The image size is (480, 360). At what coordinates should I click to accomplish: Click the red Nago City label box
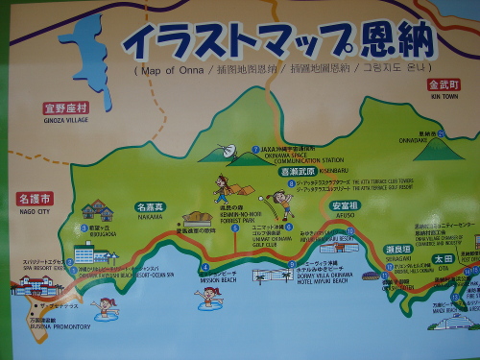point(35,199)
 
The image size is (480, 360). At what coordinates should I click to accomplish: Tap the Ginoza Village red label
point(65,108)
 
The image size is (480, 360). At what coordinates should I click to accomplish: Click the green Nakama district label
point(152,206)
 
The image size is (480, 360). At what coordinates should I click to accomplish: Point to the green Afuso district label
point(343,205)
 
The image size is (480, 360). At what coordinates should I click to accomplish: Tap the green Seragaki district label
point(397,249)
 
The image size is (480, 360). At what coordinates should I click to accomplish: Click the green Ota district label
point(443,257)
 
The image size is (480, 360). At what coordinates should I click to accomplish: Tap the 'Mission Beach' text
point(218,281)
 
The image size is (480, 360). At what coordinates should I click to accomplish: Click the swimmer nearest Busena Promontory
point(105,308)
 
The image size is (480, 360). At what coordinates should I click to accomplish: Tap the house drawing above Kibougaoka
point(97,209)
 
